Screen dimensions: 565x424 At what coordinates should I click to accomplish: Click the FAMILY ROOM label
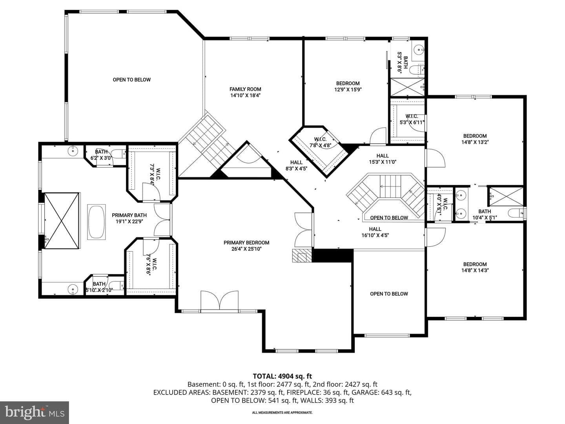click(245, 89)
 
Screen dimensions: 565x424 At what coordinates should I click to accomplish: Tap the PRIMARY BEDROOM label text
click(246, 243)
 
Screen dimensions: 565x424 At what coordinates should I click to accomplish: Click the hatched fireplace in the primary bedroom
click(302, 255)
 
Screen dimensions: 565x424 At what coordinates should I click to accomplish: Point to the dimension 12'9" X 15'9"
click(348, 90)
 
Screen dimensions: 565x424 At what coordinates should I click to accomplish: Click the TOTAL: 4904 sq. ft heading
click(282, 376)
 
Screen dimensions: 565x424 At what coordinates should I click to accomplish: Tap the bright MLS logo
click(35, 412)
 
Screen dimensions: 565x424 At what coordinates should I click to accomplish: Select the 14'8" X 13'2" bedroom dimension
click(475, 142)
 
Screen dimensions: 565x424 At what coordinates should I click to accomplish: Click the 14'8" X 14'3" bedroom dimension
click(475, 270)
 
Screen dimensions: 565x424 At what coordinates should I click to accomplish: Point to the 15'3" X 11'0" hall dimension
click(383, 162)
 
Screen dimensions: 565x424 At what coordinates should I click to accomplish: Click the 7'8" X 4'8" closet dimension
click(320, 145)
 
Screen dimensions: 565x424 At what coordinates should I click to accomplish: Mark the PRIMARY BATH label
click(129, 215)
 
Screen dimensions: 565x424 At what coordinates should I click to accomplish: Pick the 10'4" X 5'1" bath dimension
click(485, 217)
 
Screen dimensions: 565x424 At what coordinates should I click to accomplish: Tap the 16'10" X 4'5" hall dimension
click(375, 235)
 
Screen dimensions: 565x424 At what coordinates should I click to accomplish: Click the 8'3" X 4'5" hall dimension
click(296, 169)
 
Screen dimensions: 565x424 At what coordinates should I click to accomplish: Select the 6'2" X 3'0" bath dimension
click(101, 158)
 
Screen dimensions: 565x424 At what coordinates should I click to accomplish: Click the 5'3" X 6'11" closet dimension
click(412, 122)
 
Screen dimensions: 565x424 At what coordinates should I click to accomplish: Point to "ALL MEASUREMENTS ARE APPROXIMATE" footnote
click(282, 413)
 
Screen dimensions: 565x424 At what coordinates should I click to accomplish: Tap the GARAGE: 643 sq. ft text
click(381, 392)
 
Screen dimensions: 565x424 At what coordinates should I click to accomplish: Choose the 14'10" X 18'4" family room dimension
click(245, 95)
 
